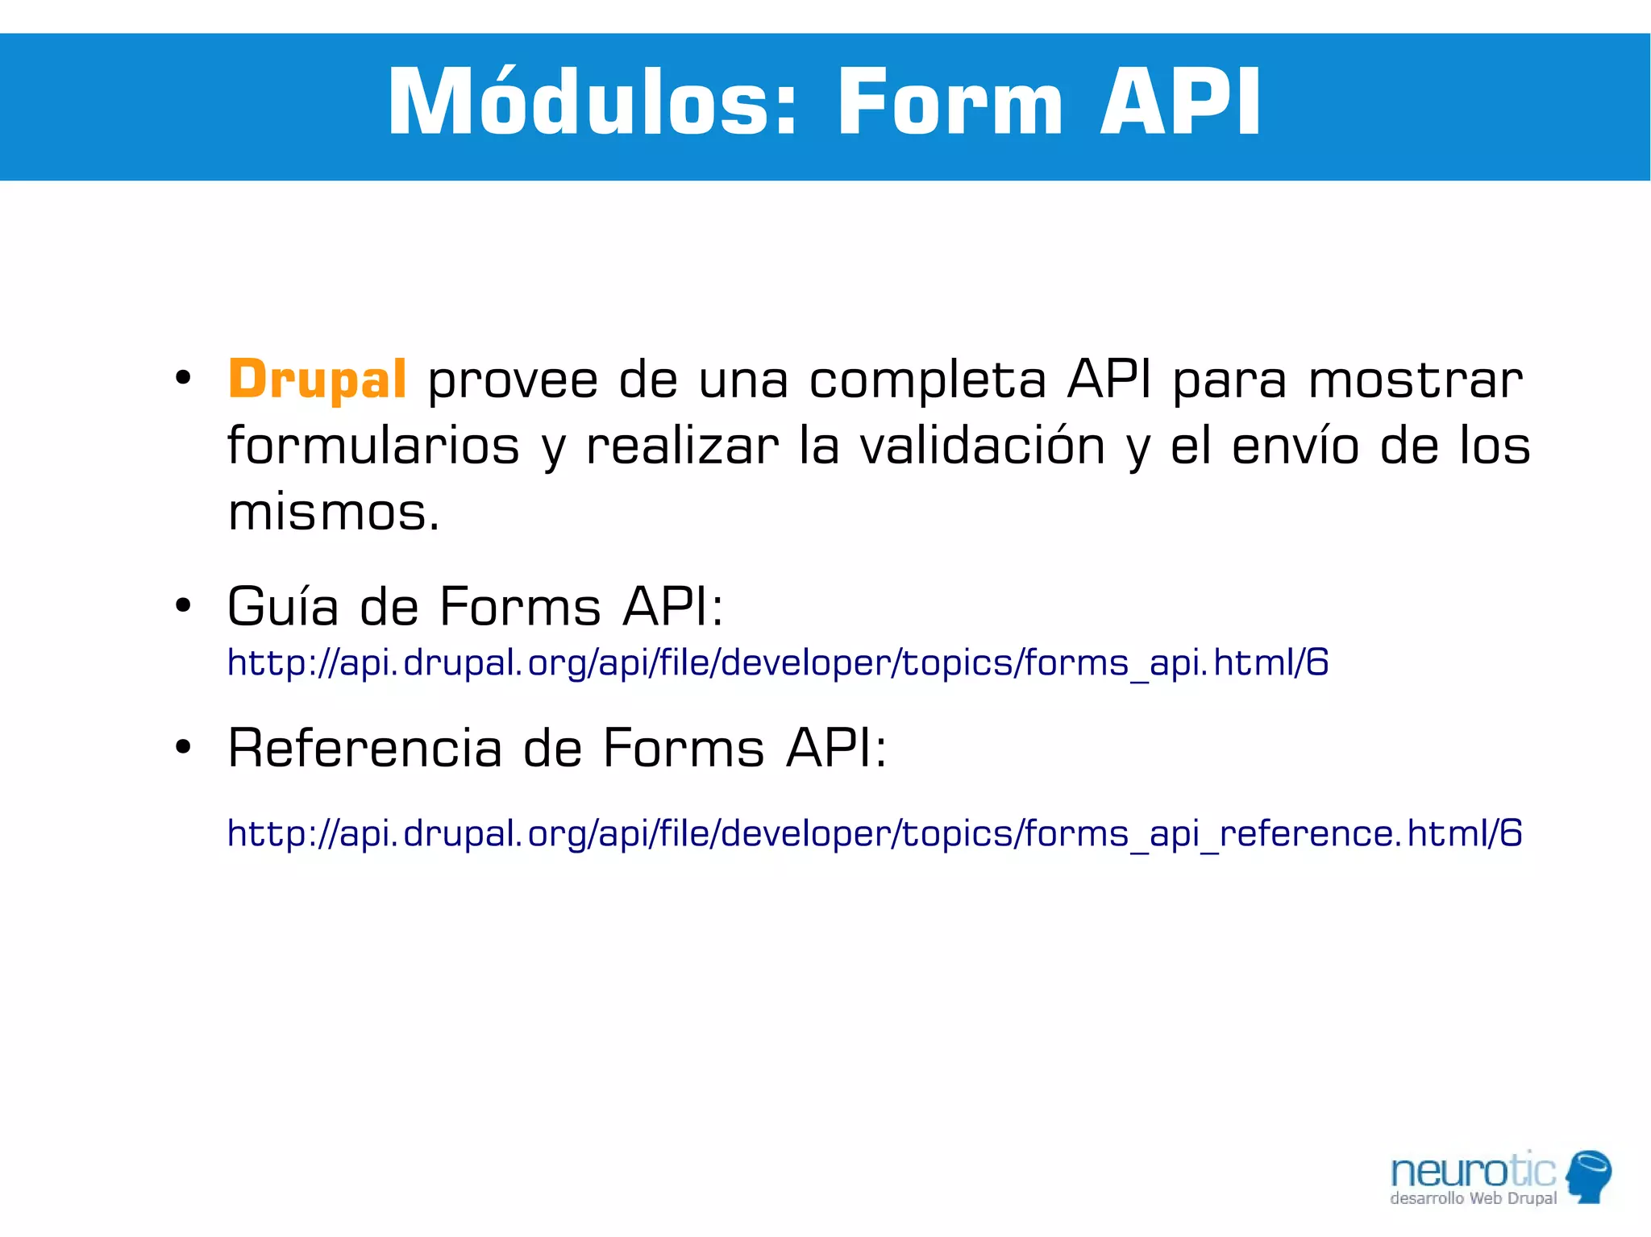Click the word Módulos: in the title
(593, 102)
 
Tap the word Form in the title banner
(950, 102)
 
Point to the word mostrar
(1415, 380)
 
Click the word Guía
(283, 606)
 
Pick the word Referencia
(364, 748)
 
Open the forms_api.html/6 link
(777, 663)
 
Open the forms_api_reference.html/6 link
(874, 833)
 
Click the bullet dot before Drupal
(183, 377)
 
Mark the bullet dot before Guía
(183, 604)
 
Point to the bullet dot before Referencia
(183, 746)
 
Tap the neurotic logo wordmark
(1473, 1170)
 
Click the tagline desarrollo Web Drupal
(1473, 1198)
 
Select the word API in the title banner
(1181, 102)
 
